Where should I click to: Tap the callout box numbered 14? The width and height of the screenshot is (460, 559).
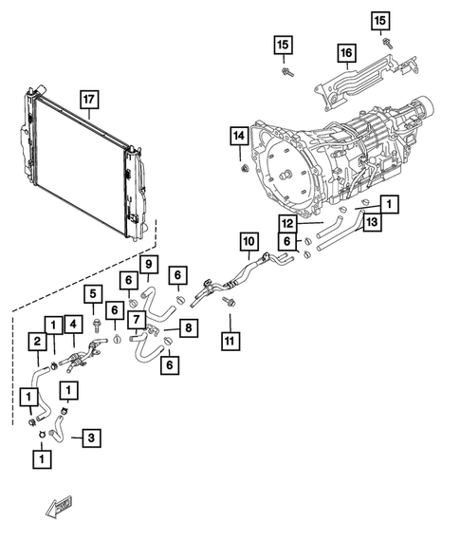coord(238,138)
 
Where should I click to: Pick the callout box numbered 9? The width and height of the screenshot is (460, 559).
coord(149,263)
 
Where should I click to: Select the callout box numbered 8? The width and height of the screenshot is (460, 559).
coord(188,327)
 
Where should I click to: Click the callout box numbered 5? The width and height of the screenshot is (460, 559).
coord(93,294)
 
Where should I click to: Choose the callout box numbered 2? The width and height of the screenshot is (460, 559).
coord(39,342)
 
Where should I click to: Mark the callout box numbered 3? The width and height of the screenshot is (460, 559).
coord(90,438)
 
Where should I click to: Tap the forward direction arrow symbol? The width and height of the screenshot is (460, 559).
coord(60,510)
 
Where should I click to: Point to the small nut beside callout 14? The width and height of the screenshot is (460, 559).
coord(243,169)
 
